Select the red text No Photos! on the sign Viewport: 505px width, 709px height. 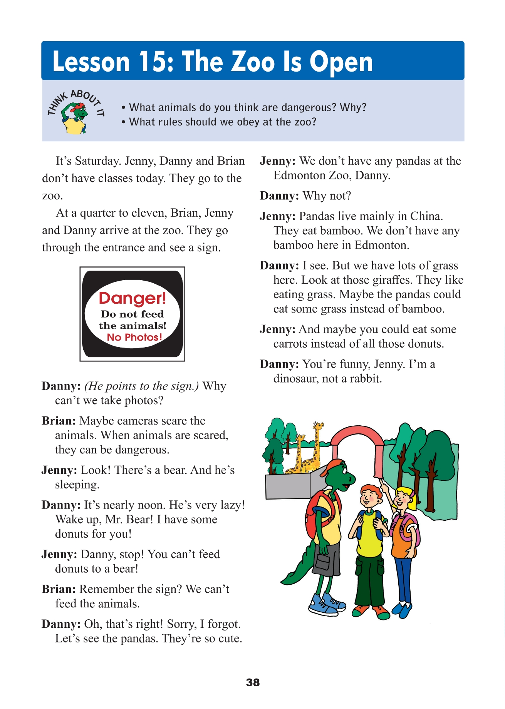coord(134,337)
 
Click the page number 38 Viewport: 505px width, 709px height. coord(253,682)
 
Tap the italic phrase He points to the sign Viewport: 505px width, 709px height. coord(141,386)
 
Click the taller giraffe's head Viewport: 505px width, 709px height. coord(318,426)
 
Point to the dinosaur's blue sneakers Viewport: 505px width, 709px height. coord(327,604)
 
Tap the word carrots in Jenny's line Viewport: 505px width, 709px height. coord(290,344)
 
